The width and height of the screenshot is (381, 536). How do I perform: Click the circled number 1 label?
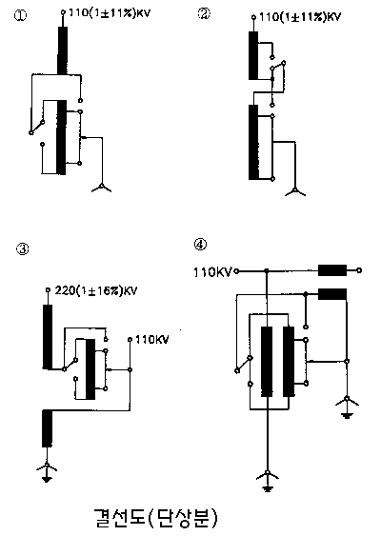tap(20, 16)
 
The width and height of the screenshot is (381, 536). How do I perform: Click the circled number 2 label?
tap(204, 13)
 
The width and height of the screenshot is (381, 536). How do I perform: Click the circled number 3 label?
tap(23, 248)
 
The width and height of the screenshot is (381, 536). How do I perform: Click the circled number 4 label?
tap(200, 245)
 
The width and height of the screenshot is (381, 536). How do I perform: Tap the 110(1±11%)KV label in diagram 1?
tap(110, 13)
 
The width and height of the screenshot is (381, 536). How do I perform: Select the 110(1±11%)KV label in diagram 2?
tap(300, 17)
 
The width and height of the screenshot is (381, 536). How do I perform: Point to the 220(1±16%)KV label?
tap(96, 291)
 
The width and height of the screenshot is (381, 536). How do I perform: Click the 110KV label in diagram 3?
tap(152, 340)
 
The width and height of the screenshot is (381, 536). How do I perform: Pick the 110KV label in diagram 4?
tap(212, 272)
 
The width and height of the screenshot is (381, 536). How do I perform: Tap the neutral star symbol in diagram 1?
tap(102, 188)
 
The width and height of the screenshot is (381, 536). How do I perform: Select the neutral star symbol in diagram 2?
tap(295, 191)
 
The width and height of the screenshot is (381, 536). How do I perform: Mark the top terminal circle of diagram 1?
tap(63, 12)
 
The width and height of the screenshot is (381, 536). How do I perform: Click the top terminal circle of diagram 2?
tap(253, 17)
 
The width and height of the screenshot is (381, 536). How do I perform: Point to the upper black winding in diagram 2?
tap(253, 55)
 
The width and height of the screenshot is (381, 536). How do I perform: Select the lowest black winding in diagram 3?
tap(48, 428)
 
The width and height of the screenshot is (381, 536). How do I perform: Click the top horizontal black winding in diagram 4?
tap(332, 270)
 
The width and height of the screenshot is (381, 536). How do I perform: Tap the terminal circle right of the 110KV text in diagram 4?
tap(236, 271)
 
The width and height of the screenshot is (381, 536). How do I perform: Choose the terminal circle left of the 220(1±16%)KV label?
tap(48, 290)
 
